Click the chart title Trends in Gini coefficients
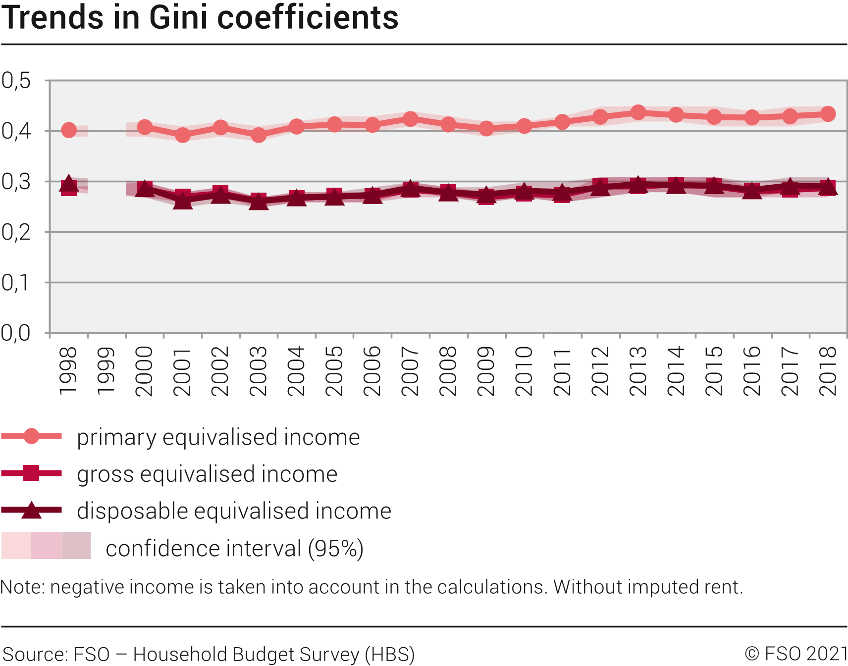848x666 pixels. click(x=200, y=18)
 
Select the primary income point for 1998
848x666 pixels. click(x=69, y=130)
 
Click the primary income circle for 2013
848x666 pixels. click(x=638, y=112)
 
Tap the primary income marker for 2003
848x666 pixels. click(x=259, y=135)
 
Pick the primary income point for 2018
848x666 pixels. click(x=828, y=114)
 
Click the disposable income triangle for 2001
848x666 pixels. click(x=183, y=201)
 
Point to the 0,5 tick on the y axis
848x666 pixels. click(x=16, y=80)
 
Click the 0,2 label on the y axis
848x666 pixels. click(x=16, y=232)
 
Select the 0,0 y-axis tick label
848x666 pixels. click(x=16, y=333)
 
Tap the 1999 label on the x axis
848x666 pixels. click(x=106, y=371)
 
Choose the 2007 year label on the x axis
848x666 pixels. click(x=410, y=371)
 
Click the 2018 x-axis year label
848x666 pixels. click(x=828, y=371)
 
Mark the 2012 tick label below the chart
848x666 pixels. click(x=600, y=371)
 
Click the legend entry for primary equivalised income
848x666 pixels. click(x=218, y=437)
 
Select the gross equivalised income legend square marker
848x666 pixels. click(x=31, y=473)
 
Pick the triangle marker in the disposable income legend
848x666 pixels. click(x=31, y=510)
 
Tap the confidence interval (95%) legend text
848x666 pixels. click(x=234, y=548)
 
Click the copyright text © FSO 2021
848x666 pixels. click(x=796, y=654)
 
